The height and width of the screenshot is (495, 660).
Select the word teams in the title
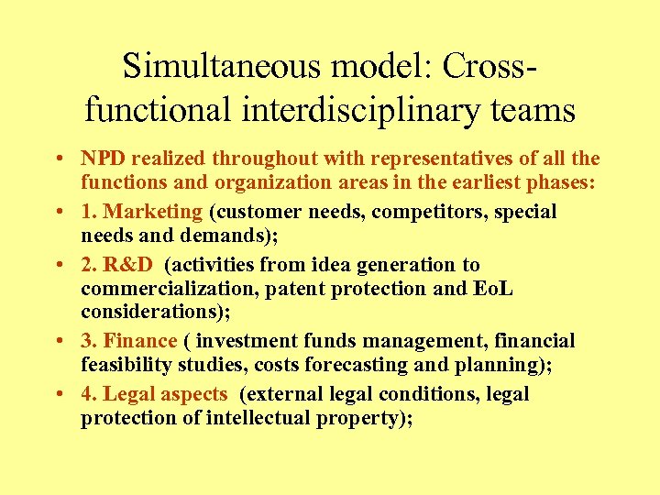pyautogui.click(x=532, y=111)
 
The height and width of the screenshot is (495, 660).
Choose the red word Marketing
pyautogui.click(x=153, y=212)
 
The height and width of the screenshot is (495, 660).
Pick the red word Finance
pyautogui.click(x=140, y=341)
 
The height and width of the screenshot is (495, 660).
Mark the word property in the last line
pyautogui.click(x=368, y=418)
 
